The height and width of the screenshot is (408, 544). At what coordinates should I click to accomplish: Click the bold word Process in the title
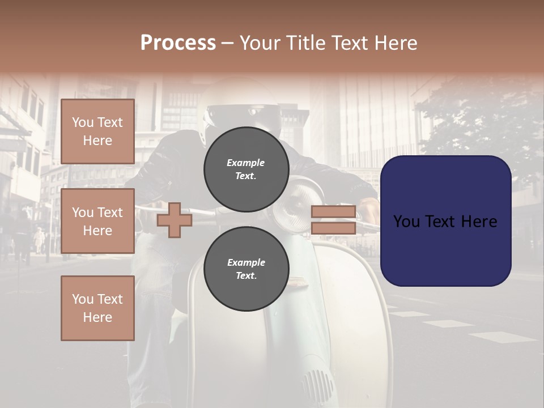(x=178, y=42)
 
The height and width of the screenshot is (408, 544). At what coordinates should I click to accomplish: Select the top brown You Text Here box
(x=97, y=131)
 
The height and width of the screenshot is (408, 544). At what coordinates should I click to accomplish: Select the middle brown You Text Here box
(x=97, y=221)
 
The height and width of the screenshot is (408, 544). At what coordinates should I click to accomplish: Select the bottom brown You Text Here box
(x=97, y=308)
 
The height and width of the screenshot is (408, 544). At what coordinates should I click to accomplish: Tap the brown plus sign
(x=174, y=220)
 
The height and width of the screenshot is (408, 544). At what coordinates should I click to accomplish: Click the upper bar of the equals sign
(x=333, y=212)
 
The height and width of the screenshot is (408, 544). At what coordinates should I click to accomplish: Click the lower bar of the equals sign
(x=333, y=228)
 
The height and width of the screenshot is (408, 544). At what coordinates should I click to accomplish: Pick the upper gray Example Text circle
(x=246, y=169)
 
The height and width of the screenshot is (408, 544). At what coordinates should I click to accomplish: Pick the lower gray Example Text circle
(x=246, y=269)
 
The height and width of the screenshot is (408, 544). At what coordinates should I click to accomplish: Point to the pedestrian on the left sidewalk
(x=39, y=239)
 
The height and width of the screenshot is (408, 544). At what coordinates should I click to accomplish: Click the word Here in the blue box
(x=478, y=222)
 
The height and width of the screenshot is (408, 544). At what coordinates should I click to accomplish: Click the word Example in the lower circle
(x=246, y=262)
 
